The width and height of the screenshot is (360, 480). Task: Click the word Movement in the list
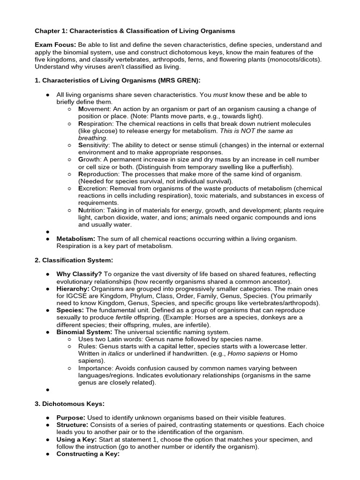(x=93, y=109)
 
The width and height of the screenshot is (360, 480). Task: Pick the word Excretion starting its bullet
(x=93, y=188)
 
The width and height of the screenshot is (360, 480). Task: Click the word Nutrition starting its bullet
(x=92, y=210)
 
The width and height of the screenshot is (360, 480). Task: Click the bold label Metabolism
(x=75, y=239)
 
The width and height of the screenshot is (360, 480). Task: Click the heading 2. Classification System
(x=74, y=260)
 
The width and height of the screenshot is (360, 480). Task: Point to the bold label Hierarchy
(x=73, y=289)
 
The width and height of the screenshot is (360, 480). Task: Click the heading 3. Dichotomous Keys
(x=68, y=404)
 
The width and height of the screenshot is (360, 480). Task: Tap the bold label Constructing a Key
(x=88, y=454)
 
